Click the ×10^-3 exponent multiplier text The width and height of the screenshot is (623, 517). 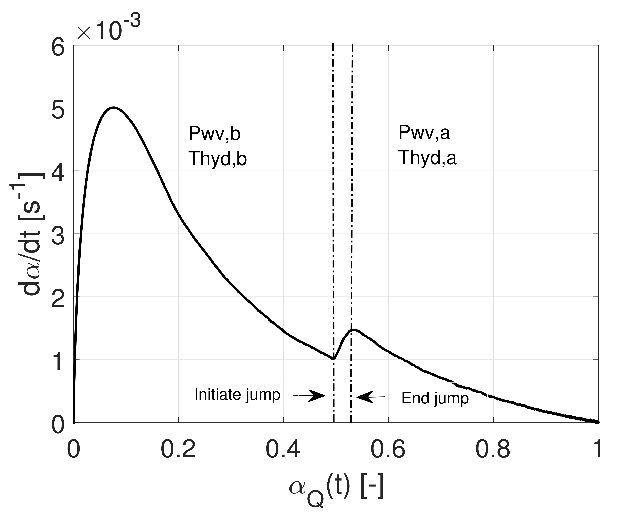108,28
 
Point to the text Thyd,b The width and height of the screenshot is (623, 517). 218,159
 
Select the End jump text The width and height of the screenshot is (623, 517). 435,398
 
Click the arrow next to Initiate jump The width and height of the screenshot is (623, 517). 310,396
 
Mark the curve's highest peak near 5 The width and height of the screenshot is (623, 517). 113,108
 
